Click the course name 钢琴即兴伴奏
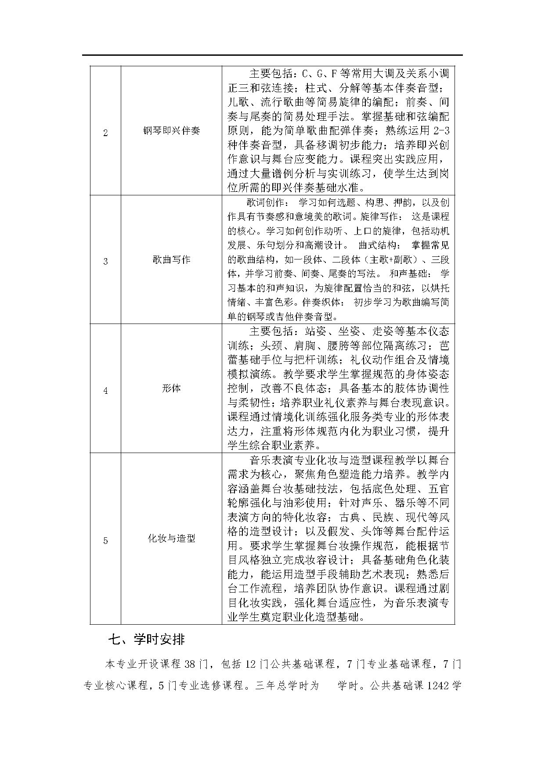[x=171, y=131]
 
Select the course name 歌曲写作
[x=171, y=259]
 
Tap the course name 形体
[x=171, y=389]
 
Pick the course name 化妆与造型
[x=171, y=538]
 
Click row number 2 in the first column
[x=105, y=133]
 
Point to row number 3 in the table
[x=105, y=262]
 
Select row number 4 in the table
[x=105, y=390]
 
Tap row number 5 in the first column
[x=105, y=540]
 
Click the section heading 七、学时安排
[x=146, y=640]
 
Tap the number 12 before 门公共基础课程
[x=251, y=664]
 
